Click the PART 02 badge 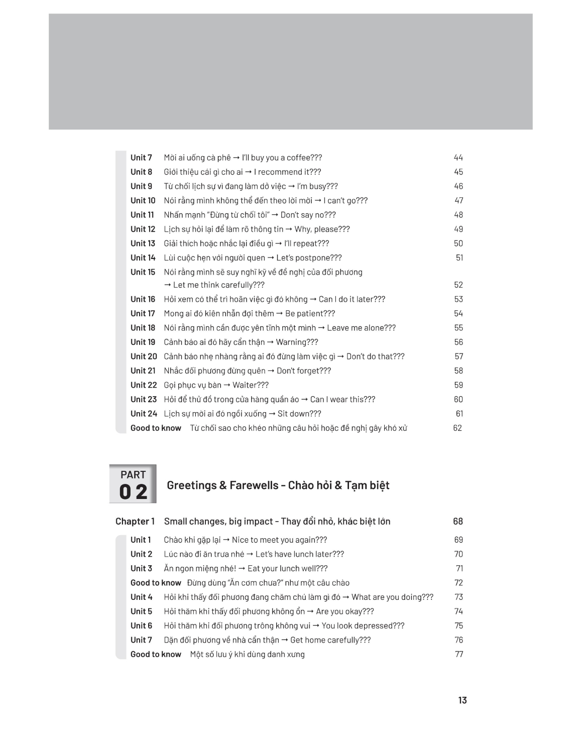point(133,484)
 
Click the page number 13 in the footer point(462,700)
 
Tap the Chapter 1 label point(135,521)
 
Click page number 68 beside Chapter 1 point(457,521)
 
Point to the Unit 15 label point(143,272)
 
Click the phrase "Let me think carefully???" point(218,285)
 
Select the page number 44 point(458,158)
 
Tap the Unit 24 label point(144,414)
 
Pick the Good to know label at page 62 point(156,428)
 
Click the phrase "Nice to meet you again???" point(279,540)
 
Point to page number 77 point(459,654)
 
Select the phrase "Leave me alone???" point(361,328)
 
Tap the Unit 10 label point(143,200)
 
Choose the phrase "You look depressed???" point(363,625)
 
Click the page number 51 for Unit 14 point(459,258)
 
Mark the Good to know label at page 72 point(156,583)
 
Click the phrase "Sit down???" point(299,414)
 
